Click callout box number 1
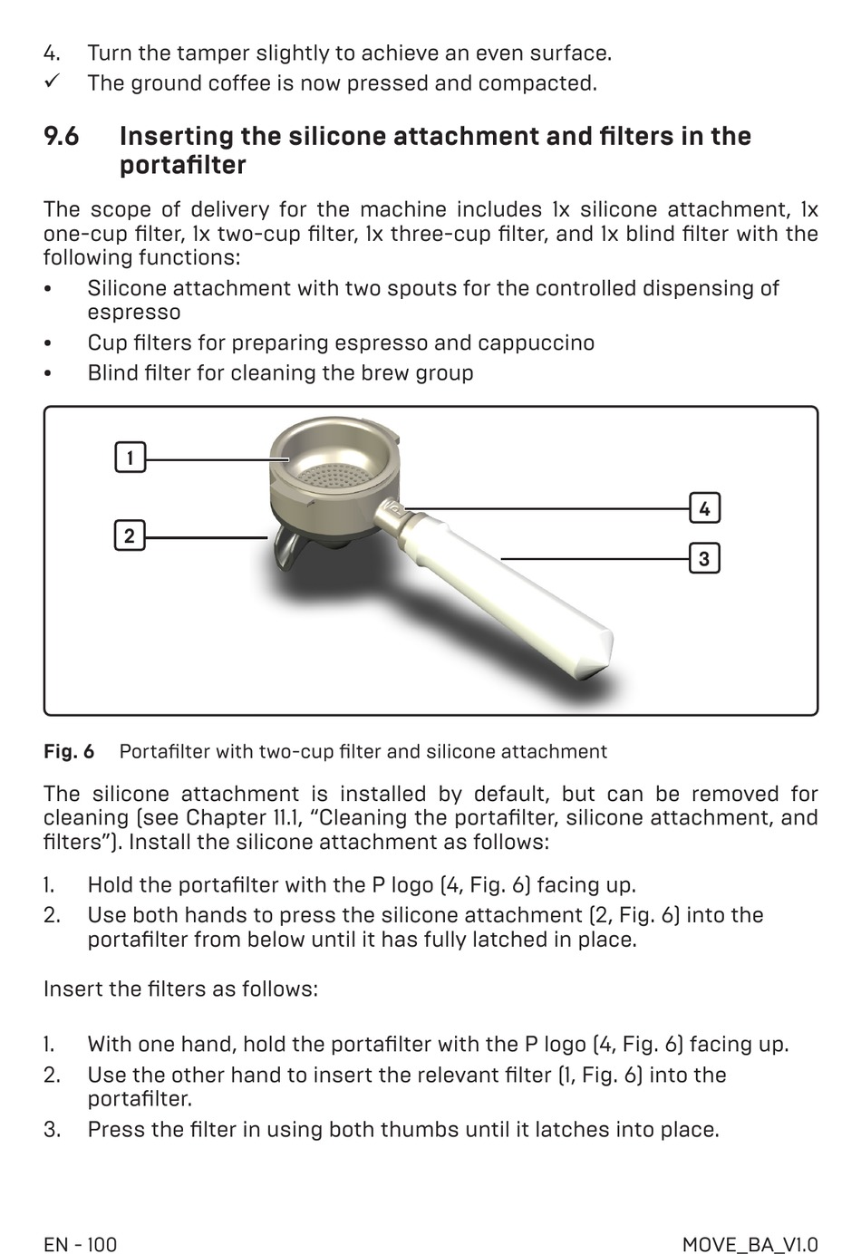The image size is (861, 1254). pos(130,458)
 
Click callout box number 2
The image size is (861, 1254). pos(130,535)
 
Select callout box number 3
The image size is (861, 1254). pos(704,558)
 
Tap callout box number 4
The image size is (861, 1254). pos(704,508)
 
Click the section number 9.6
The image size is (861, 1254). pos(62,137)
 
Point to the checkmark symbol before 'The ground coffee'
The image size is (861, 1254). pos(52,82)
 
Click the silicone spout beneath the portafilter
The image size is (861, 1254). pos(285,550)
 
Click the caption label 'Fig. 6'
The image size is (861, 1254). pos(69,752)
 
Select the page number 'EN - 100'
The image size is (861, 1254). pos(81,1244)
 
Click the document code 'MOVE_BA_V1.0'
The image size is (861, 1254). pos(750,1244)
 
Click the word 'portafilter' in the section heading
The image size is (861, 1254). pos(183,166)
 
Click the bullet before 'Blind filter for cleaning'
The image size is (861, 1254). pos(49,374)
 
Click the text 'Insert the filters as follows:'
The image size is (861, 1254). pos(180,989)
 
